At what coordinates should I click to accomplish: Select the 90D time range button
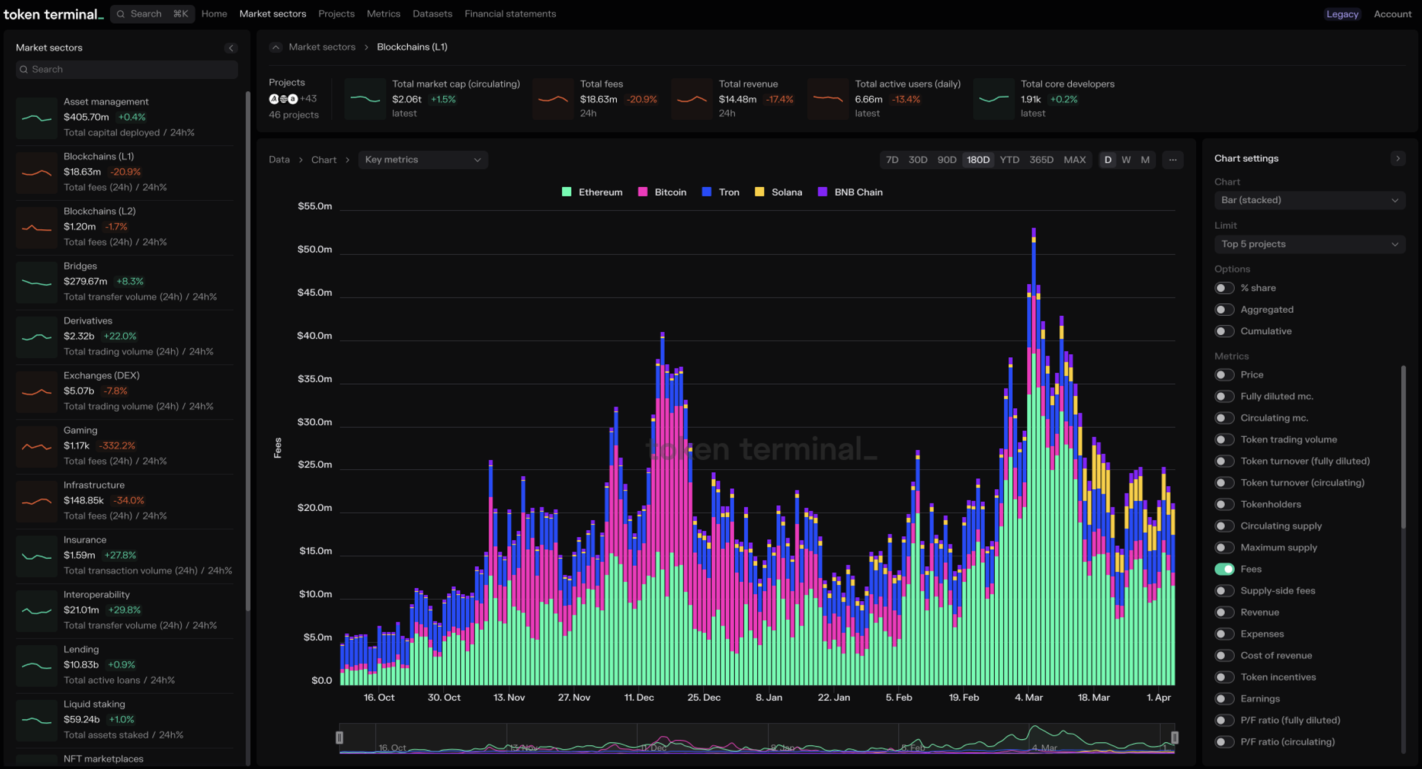(946, 160)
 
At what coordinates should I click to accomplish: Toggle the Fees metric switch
(1224, 569)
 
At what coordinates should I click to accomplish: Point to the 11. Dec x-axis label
(639, 697)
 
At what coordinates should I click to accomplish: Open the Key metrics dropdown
(422, 160)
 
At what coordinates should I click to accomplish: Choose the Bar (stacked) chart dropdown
(1309, 200)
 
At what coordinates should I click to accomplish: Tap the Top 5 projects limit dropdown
(1309, 244)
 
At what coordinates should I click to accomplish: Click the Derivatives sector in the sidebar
(88, 321)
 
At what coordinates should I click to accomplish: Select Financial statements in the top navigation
(510, 14)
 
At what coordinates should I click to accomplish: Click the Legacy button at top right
(1341, 14)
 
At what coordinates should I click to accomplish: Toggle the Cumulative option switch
(1224, 331)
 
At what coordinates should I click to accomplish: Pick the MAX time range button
(1074, 160)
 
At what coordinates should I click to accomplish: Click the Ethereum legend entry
(592, 192)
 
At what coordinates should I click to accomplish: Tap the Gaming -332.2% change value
(117, 446)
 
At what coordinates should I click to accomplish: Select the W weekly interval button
(1126, 160)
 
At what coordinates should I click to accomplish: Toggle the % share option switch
(1224, 288)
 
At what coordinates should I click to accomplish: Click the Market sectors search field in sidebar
(127, 69)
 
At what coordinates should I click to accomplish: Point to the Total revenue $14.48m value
(737, 100)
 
